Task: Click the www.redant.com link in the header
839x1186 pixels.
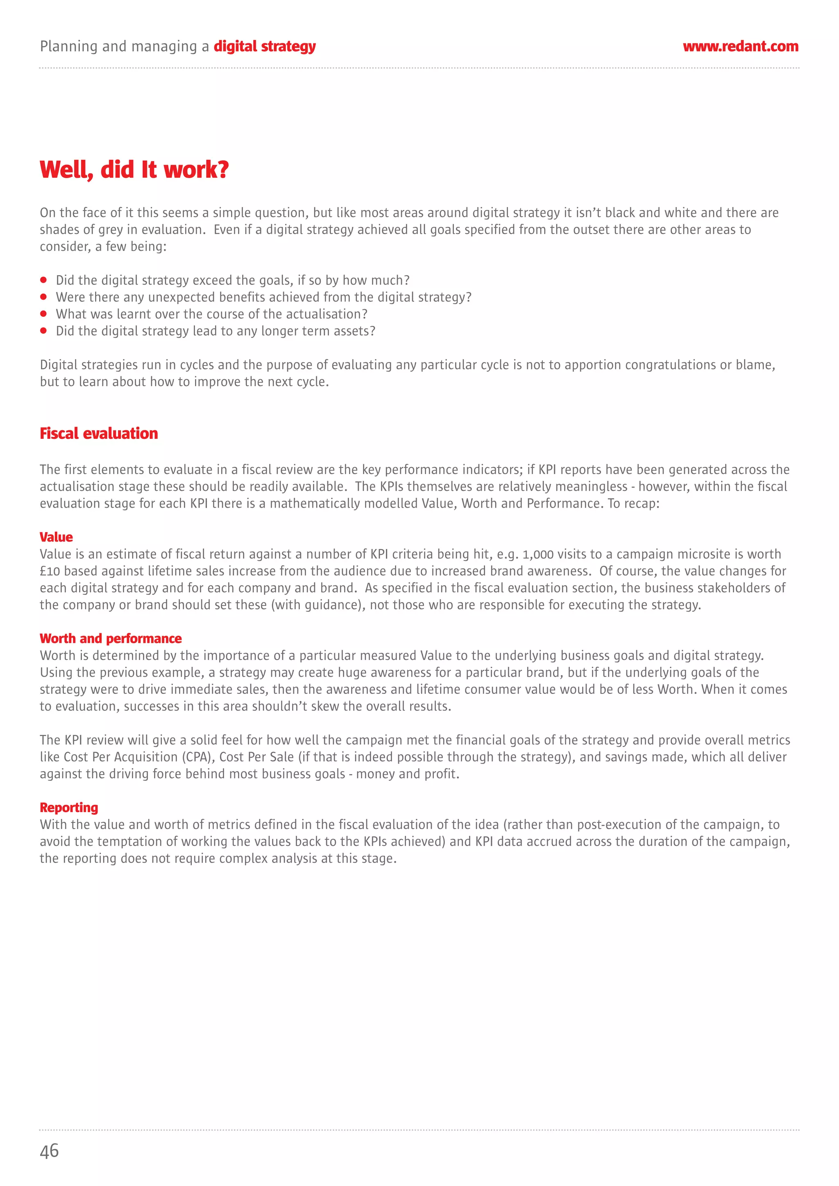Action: tap(740, 47)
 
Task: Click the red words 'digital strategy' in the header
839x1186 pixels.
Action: tap(264, 47)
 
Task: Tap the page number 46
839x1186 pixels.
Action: tap(49, 1151)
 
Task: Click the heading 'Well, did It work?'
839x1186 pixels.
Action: tap(134, 169)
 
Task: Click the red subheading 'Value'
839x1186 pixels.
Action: tap(57, 537)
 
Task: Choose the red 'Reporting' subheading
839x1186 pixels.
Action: tap(69, 807)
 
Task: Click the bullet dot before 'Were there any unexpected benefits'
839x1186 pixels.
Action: tap(43, 297)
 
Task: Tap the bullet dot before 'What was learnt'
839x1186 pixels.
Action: tap(43, 314)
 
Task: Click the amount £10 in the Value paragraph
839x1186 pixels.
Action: tap(50, 572)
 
